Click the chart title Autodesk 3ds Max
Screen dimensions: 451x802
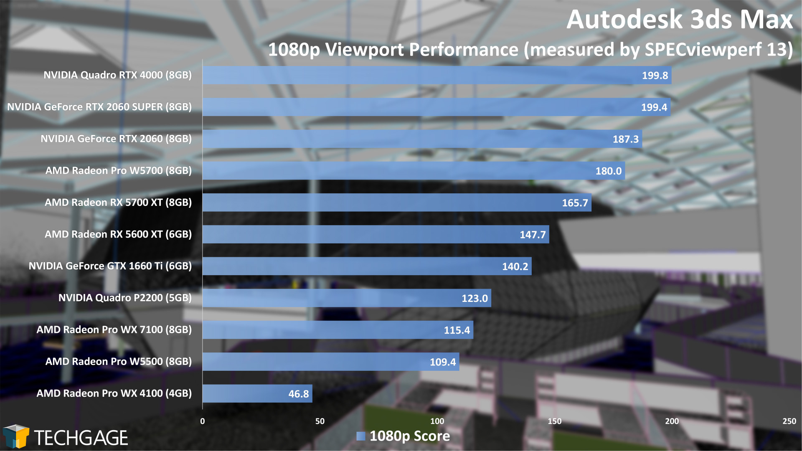tap(679, 19)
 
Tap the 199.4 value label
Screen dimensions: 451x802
tap(654, 107)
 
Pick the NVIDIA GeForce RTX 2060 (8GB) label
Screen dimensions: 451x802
tap(116, 139)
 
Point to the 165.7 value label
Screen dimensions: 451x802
tap(575, 203)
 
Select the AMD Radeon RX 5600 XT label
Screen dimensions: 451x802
tap(118, 234)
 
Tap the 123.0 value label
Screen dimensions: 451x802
tap(475, 299)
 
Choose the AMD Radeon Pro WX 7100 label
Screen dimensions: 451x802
tap(114, 330)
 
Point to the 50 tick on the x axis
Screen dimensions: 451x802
tap(320, 421)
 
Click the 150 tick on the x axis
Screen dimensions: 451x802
tap(555, 421)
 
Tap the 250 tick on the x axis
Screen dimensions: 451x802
tap(789, 421)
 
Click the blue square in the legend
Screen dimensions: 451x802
tap(360, 436)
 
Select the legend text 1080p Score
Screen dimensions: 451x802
tap(410, 436)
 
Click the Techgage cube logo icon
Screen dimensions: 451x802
tap(16, 436)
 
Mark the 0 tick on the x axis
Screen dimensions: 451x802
tap(203, 421)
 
